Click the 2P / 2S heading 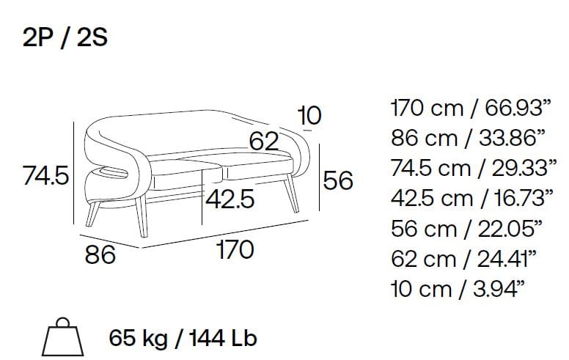click(x=65, y=37)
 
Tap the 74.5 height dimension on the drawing click(x=45, y=175)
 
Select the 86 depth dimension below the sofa click(x=100, y=254)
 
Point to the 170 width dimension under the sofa click(x=235, y=249)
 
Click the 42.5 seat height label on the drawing click(x=230, y=199)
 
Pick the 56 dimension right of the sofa click(x=338, y=180)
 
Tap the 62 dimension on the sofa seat click(x=264, y=141)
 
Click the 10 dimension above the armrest click(x=309, y=115)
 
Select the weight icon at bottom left click(x=63, y=337)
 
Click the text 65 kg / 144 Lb click(x=183, y=338)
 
